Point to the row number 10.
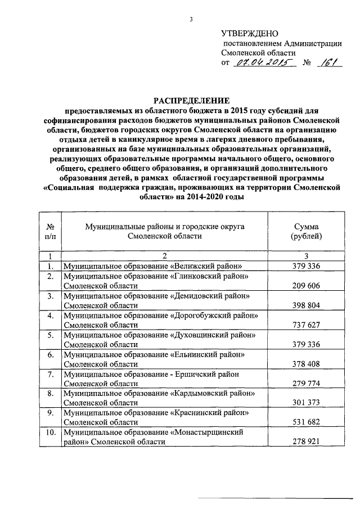[51, 433]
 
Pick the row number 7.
[51, 374]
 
